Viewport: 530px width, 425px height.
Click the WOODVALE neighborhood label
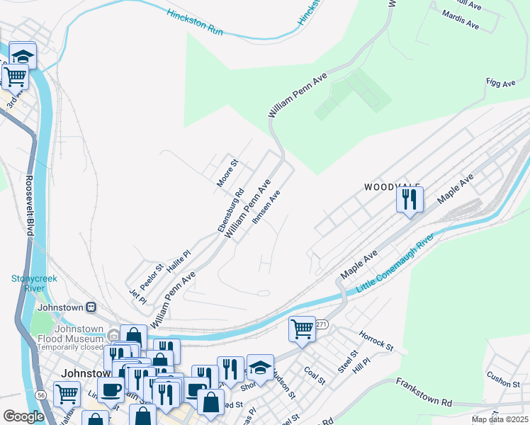coord(392,187)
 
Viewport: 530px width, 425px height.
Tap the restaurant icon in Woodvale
coord(409,199)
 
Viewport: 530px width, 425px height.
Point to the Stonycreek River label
coord(33,283)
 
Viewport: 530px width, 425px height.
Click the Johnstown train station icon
coord(91,307)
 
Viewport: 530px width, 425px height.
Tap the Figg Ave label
coord(500,84)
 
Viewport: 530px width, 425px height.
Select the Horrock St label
coord(376,340)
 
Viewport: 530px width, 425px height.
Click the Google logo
coord(23,416)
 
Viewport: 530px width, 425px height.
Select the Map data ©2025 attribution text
coord(499,419)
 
